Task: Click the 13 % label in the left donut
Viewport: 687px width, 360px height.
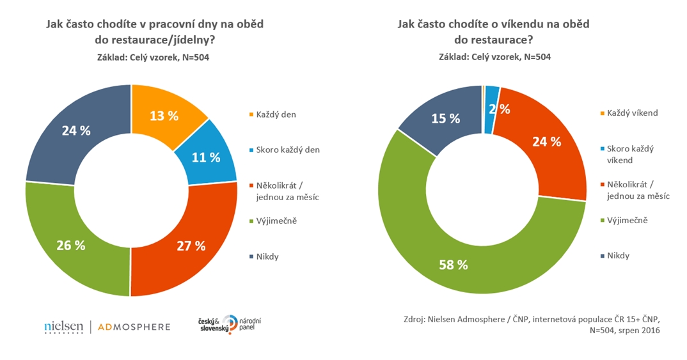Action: (x=164, y=116)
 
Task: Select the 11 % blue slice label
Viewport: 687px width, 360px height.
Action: (x=206, y=157)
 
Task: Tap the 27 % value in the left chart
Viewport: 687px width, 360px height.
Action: (x=192, y=246)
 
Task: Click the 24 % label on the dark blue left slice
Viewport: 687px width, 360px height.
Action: (x=76, y=130)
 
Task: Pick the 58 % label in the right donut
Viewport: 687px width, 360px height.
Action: (x=454, y=264)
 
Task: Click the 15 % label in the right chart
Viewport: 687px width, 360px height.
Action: (x=446, y=118)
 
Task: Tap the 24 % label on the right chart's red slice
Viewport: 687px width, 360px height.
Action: (x=547, y=142)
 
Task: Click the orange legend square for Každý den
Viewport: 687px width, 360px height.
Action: (x=251, y=115)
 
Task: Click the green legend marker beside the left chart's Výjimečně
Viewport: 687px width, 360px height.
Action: (x=251, y=221)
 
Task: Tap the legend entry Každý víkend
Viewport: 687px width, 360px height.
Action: (x=632, y=113)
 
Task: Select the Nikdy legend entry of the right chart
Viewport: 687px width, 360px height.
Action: (x=618, y=255)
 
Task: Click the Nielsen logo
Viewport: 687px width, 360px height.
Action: (x=63, y=327)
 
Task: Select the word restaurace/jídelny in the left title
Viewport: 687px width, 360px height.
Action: (x=163, y=40)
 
